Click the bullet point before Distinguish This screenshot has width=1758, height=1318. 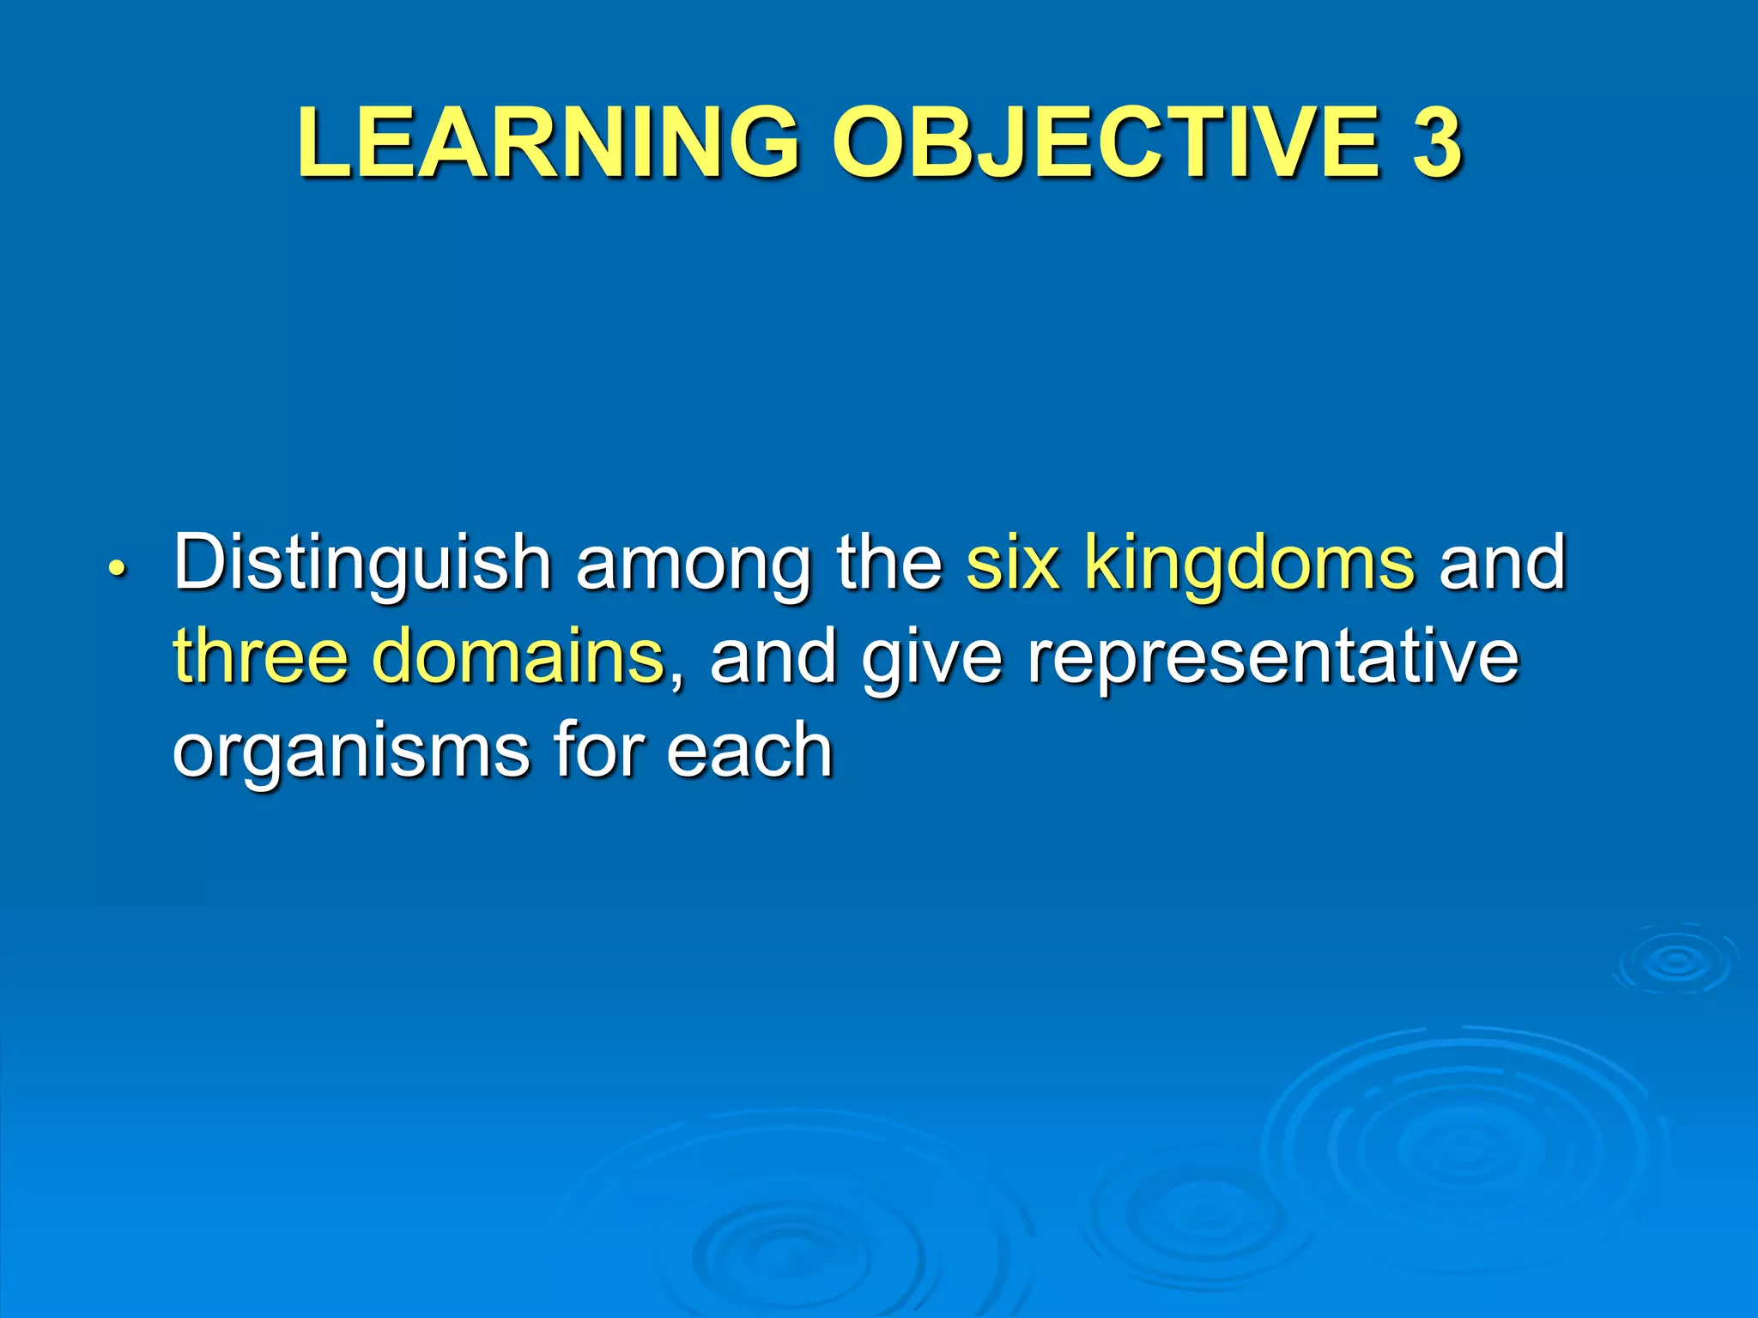click(117, 569)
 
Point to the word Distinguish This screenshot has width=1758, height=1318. click(361, 565)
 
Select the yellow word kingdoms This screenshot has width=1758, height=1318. click(1249, 565)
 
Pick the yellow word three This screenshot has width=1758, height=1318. click(259, 656)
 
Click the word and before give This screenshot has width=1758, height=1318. click(773, 656)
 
